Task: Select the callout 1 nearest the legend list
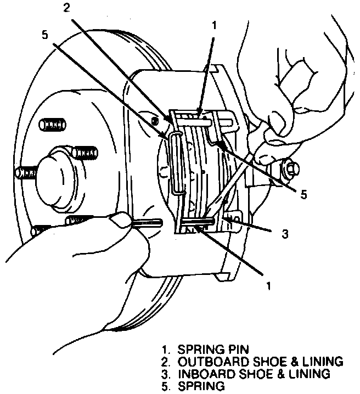tap(268, 286)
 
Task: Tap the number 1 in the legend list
tap(164, 349)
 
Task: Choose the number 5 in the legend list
tap(164, 387)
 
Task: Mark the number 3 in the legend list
tap(164, 374)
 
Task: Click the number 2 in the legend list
tap(164, 362)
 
